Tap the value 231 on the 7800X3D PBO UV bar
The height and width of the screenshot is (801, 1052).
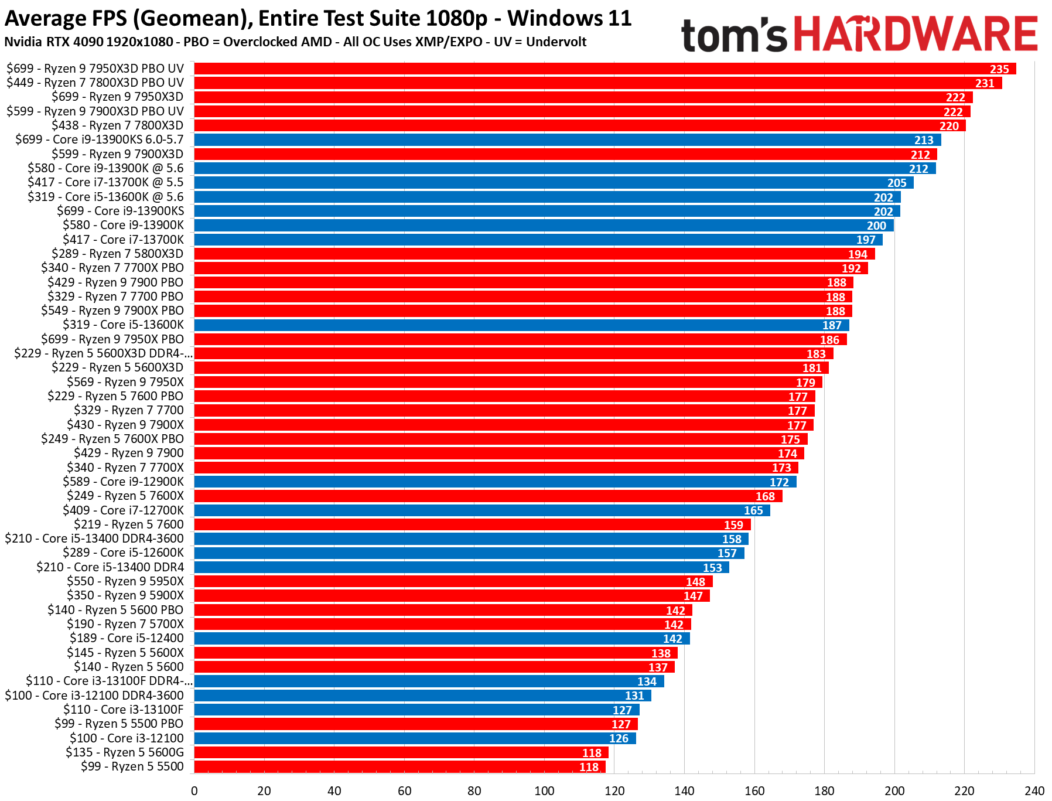(x=984, y=83)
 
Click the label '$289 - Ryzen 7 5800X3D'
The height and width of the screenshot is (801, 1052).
(x=117, y=254)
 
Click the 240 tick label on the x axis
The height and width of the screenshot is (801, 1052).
(x=1034, y=790)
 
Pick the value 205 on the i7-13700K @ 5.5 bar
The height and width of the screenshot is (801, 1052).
(x=896, y=183)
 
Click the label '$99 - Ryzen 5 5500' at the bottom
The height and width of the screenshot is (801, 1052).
(x=132, y=766)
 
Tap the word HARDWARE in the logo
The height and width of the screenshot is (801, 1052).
(x=916, y=34)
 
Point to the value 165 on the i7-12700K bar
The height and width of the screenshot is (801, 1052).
(x=753, y=510)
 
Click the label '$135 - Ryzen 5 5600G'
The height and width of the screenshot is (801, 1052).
(x=124, y=752)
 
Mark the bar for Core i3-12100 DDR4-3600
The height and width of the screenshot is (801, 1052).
(x=422, y=696)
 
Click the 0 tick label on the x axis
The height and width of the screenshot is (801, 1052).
(x=194, y=790)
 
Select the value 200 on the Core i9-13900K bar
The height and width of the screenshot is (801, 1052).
(x=876, y=226)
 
